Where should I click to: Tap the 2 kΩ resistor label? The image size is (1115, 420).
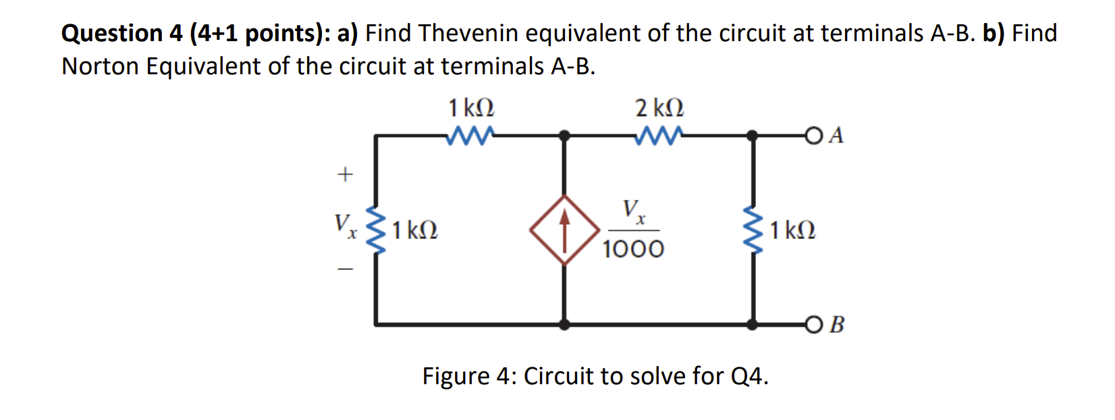coord(659,108)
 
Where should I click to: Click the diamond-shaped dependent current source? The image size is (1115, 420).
coord(565,230)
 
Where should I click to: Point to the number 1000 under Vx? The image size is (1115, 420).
coord(633,249)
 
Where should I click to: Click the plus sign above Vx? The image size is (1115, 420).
coord(345,175)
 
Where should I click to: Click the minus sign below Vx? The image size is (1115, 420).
coord(345,270)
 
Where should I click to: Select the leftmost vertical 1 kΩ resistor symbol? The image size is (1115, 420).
coord(376,230)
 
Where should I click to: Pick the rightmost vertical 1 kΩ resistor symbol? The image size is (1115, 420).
coord(753,230)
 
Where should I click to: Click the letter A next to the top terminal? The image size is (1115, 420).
coord(836,136)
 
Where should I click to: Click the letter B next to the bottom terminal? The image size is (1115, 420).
coord(837,325)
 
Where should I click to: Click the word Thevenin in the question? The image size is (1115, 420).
coord(468,33)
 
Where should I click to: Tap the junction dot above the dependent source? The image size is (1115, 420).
coord(565,136)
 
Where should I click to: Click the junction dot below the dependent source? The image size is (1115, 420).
coord(565,325)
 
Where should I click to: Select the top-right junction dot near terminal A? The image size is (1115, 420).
coord(753,136)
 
